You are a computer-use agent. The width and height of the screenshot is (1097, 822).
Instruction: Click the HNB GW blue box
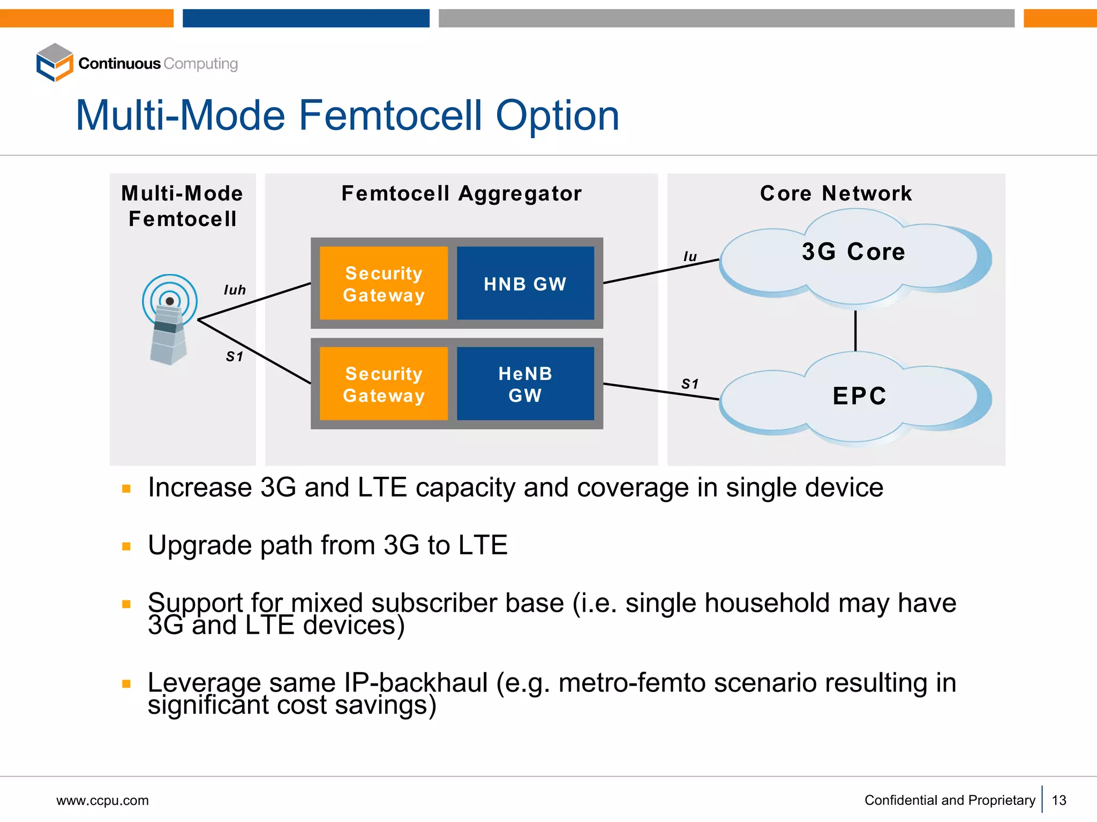tap(525, 283)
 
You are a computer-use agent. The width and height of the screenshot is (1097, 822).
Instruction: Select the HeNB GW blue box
tap(525, 384)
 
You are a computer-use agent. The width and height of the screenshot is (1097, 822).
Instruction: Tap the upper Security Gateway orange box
tap(384, 283)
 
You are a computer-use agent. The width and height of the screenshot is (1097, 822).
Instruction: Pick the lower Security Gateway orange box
tap(384, 384)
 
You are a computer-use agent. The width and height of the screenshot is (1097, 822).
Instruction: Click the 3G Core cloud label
tap(853, 252)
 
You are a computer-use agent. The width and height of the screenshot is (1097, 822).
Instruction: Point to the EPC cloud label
tap(859, 396)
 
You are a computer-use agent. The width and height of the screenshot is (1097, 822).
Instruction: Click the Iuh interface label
tap(235, 290)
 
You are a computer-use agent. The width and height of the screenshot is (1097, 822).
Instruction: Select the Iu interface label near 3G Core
tap(690, 257)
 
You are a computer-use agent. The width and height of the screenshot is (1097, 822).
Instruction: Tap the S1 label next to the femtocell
tap(235, 356)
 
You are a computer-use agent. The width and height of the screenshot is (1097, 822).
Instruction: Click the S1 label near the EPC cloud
tap(690, 384)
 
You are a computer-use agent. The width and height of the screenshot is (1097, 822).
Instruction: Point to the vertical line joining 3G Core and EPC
tap(855, 331)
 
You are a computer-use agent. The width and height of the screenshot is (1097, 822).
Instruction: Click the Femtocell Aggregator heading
tap(461, 193)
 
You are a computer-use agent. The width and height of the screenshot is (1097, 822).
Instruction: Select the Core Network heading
tap(836, 193)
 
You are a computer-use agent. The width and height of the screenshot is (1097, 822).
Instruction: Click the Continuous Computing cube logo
tap(55, 63)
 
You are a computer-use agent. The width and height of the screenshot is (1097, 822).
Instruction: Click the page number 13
tap(1059, 800)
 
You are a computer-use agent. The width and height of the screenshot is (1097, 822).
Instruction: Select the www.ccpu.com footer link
tap(102, 801)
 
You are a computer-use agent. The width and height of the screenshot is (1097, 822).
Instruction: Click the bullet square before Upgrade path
tap(126, 546)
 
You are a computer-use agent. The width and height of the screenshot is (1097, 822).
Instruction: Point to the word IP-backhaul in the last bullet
tap(416, 683)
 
